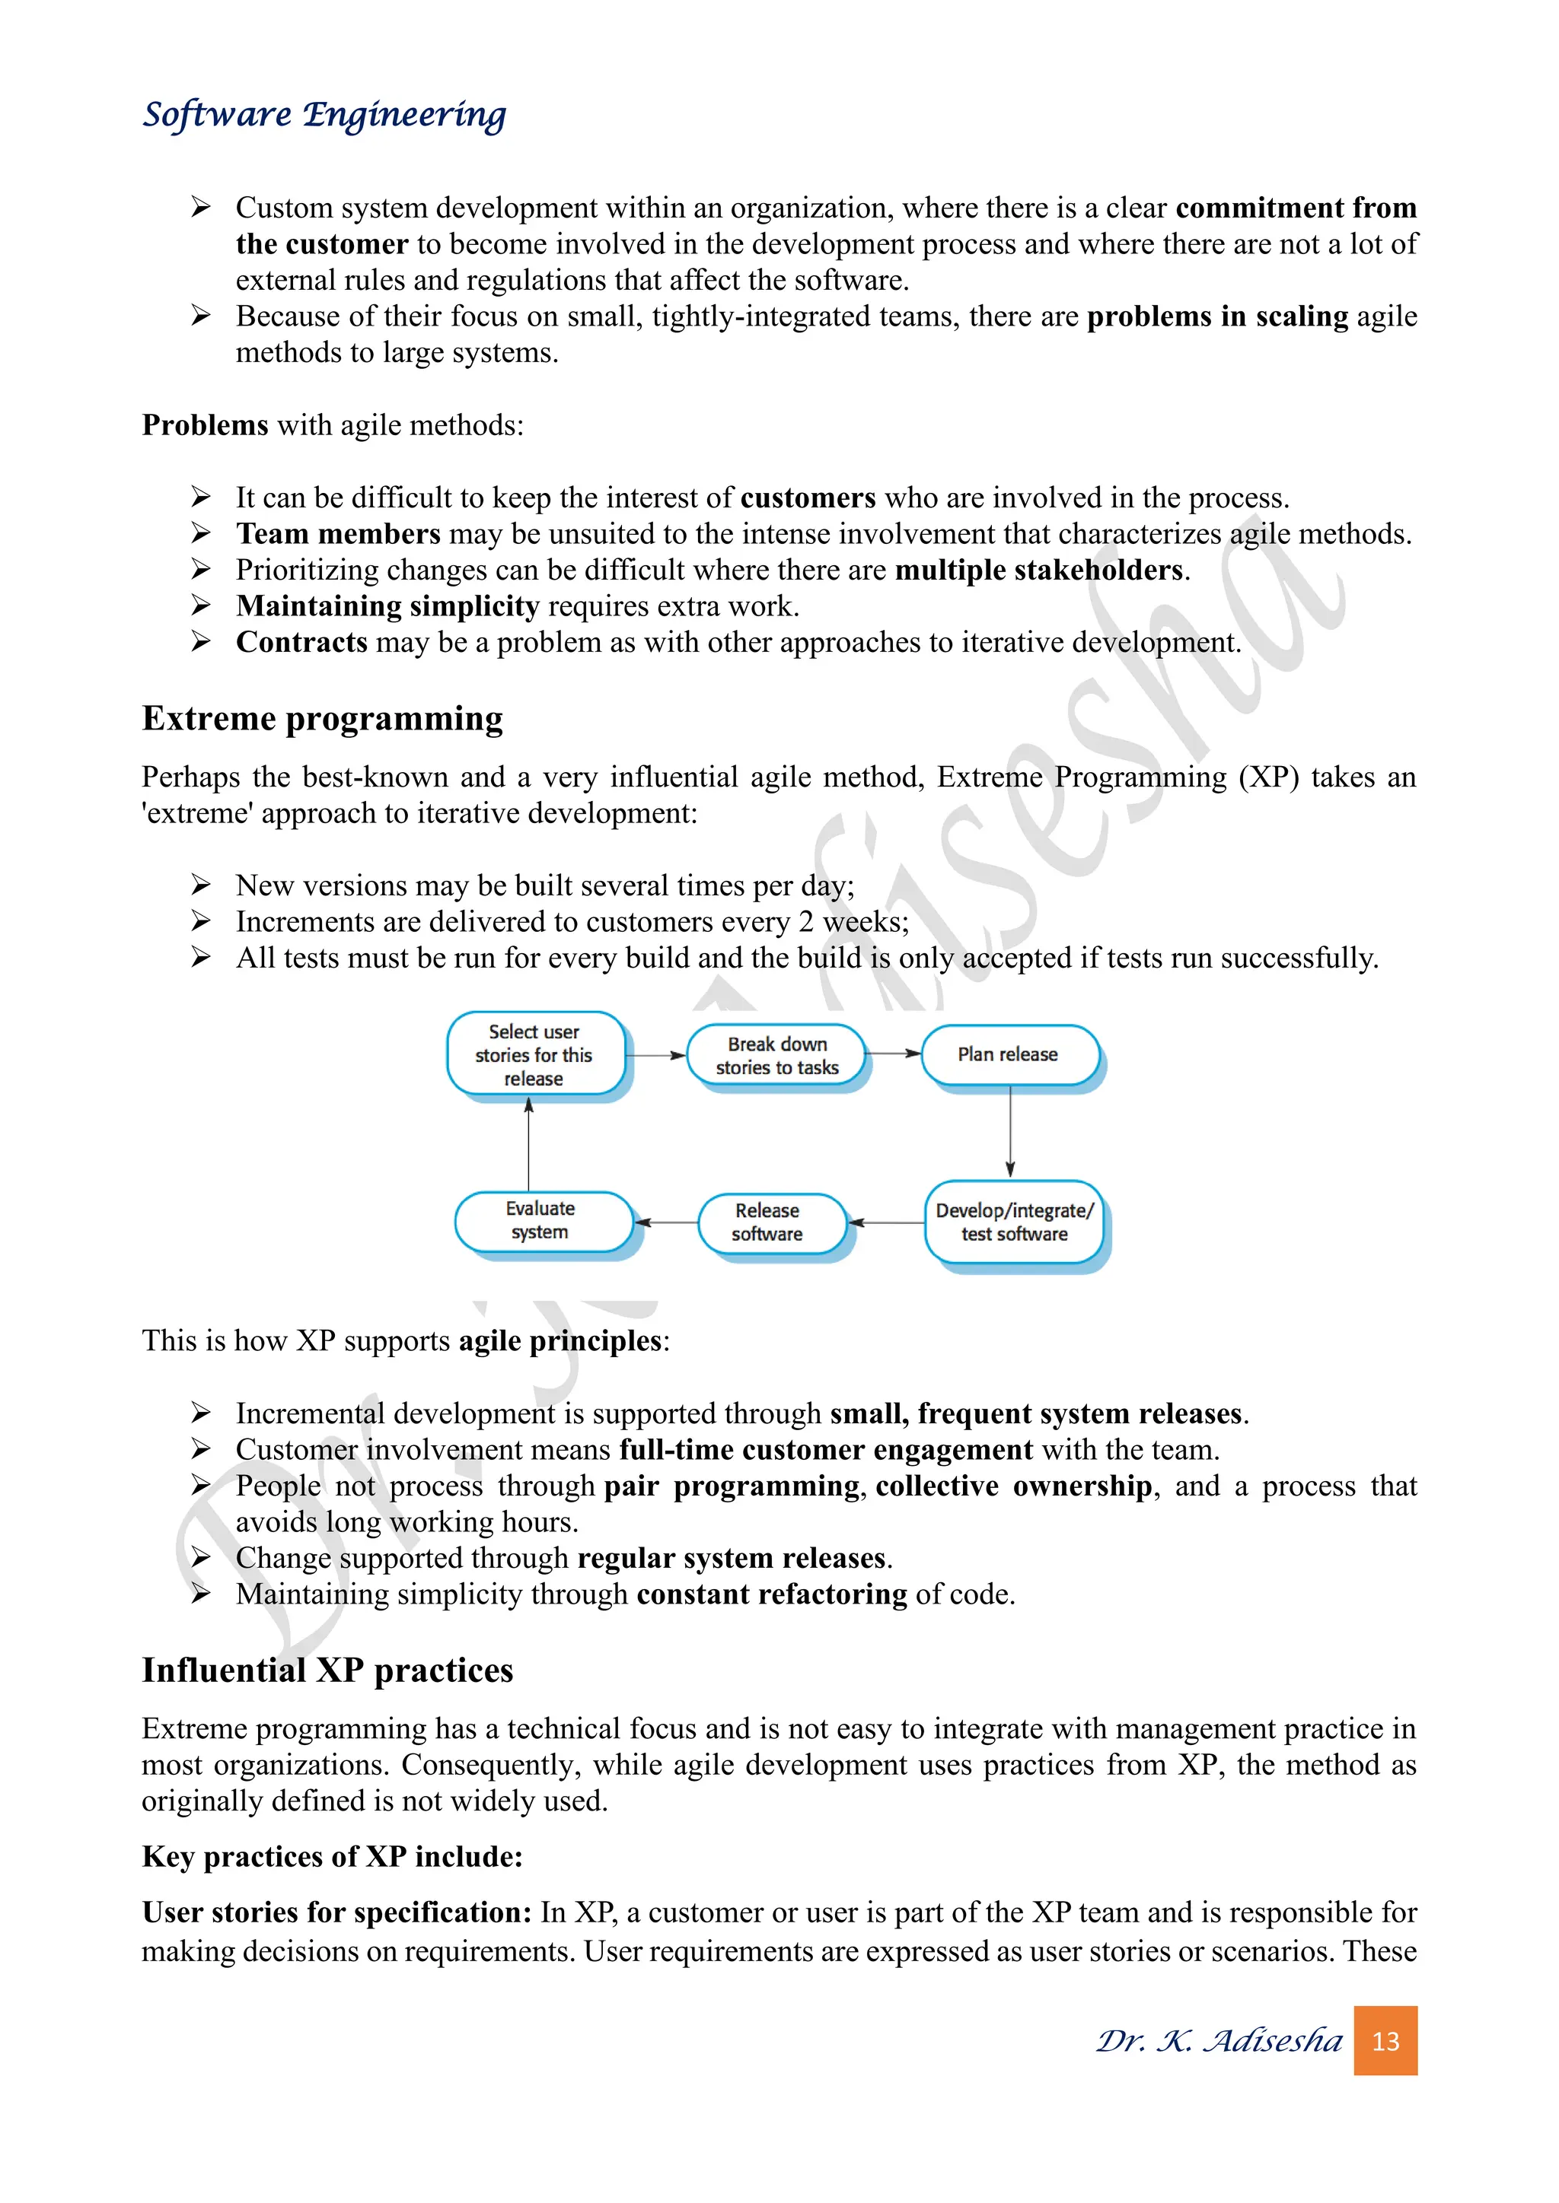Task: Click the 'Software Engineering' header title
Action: tap(324, 115)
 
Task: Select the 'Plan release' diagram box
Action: tap(1009, 1054)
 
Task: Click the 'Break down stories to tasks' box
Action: tap(776, 1055)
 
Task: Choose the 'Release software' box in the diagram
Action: tap(769, 1222)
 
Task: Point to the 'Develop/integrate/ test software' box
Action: tap(1014, 1222)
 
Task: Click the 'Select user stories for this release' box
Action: tap(534, 1054)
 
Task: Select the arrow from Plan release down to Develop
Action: tap(1010, 1132)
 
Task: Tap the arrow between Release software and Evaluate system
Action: tap(666, 1222)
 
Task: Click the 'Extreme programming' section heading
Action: tap(323, 719)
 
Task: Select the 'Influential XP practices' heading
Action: tap(327, 1671)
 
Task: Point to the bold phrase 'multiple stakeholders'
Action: tap(1038, 570)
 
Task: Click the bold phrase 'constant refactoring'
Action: tap(771, 1594)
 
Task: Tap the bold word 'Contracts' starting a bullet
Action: tap(301, 642)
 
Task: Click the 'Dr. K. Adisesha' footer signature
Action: tap(1219, 2040)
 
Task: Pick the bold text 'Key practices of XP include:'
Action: tap(332, 1857)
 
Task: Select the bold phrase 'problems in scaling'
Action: tap(1217, 316)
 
